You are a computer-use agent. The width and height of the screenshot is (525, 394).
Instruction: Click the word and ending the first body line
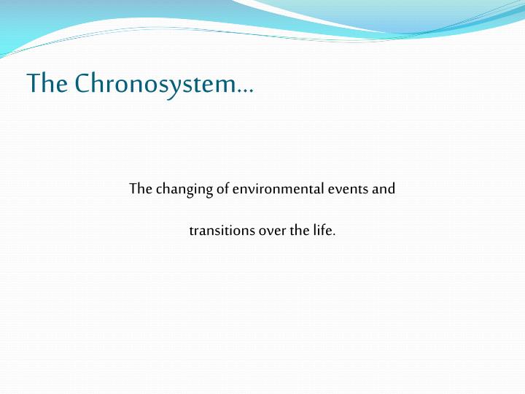(385, 189)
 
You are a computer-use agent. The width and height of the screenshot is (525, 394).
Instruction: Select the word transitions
(216, 231)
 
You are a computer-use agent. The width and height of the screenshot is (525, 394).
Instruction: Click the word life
(323, 231)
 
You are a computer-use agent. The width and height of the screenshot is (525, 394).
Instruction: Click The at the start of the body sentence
(140, 189)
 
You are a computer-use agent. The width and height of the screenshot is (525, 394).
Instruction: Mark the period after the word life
(335, 236)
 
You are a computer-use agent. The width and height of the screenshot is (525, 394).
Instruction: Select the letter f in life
(324, 231)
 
